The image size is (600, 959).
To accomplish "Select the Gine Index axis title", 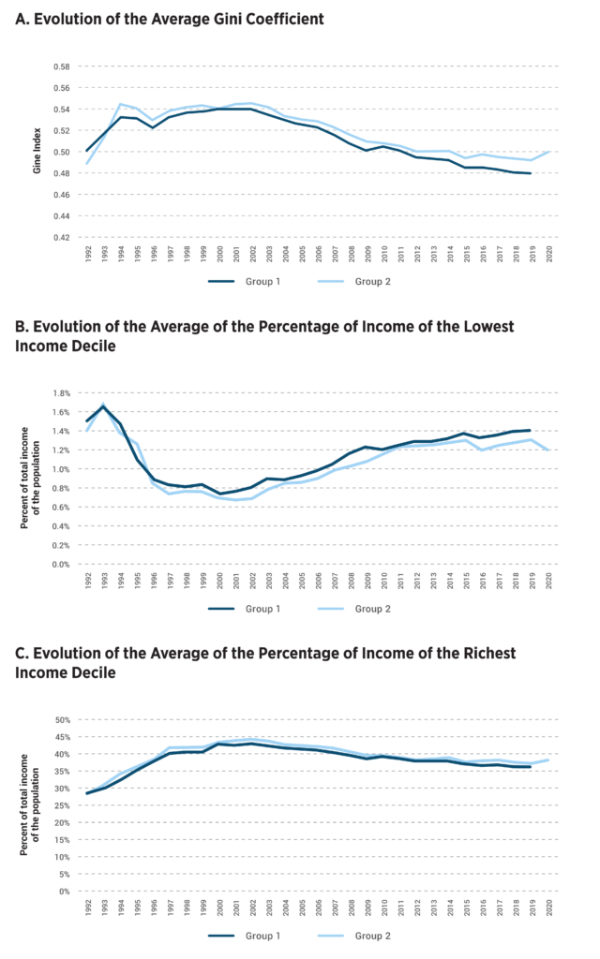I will pyautogui.click(x=37, y=152).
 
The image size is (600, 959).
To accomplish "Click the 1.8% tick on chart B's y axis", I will pyautogui.click(x=59, y=393).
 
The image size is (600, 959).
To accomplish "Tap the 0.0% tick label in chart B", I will pyautogui.click(x=59, y=565).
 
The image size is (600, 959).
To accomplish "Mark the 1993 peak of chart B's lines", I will pyautogui.click(x=102, y=406).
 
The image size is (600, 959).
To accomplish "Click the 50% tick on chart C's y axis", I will pyautogui.click(x=62, y=720).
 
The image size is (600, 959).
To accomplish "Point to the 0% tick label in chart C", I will pyautogui.click(x=65, y=892).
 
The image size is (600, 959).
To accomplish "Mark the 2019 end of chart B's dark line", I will pyautogui.click(x=531, y=430).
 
